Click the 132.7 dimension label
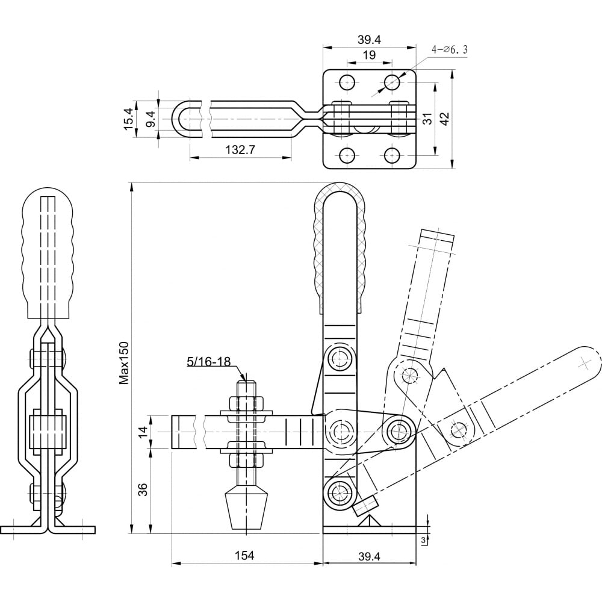point(240,150)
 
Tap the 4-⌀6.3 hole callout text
point(450,49)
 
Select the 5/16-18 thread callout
point(209,361)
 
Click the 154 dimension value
point(244,555)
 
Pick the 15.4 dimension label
point(129,119)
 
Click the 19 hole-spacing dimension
point(369,55)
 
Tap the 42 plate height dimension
point(445,119)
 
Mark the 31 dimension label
point(427,119)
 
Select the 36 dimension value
point(143,489)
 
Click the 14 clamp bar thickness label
point(143,432)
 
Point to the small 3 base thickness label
point(424,540)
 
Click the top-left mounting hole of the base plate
point(347,82)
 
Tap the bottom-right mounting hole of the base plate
point(392,155)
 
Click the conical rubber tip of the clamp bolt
point(246,507)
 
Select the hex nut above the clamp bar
point(246,403)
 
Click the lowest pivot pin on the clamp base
point(340,491)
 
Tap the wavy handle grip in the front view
point(48,253)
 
